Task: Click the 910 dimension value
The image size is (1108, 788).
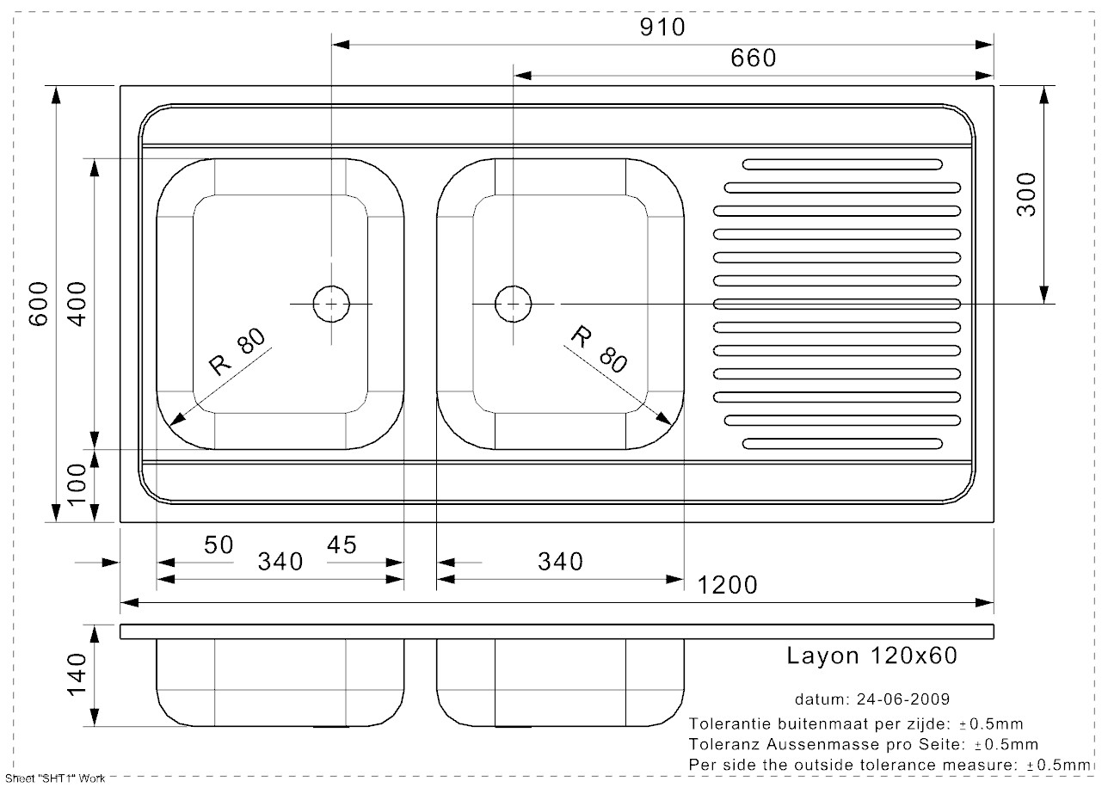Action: pyautogui.click(x=662, y=28)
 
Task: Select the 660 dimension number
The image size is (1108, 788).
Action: pyautogui.click(x=753, y=58)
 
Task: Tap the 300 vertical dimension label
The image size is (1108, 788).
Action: pyautogui.click(x=1026, y=194)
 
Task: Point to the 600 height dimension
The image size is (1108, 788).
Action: pyautogui.click(x=38, y=304)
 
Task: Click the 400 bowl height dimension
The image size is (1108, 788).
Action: pyautogui.click(x=78, y=304)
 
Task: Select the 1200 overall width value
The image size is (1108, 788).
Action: pyautogui.click(x=728, y=585)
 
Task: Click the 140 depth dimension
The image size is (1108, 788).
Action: pyautogui.click(x=78, y=676)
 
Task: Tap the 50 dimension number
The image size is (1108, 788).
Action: pyautogui.click(x=219, y=545)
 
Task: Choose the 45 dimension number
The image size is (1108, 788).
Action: pyautogui.click(x=342, y=545)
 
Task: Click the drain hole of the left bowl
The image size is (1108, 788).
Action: pyautogui.click(x=331, y=304)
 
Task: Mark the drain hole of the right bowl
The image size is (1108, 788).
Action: pyautogui.click(x=513, y=304)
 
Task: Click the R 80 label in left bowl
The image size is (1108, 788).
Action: pyautogui.click(x=233, y=354)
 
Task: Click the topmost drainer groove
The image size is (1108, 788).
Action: pyautogui.click(x=841, y=164)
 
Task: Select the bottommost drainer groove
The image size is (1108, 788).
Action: pyautogui.click(x=841, y=444)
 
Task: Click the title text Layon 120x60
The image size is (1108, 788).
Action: pyautogui.click(x=871, y=656)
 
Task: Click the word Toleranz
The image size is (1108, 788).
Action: pyautogui.click(x=720, y=744)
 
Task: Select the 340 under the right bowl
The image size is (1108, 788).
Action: pyautogui.click(x=560, y=562)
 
